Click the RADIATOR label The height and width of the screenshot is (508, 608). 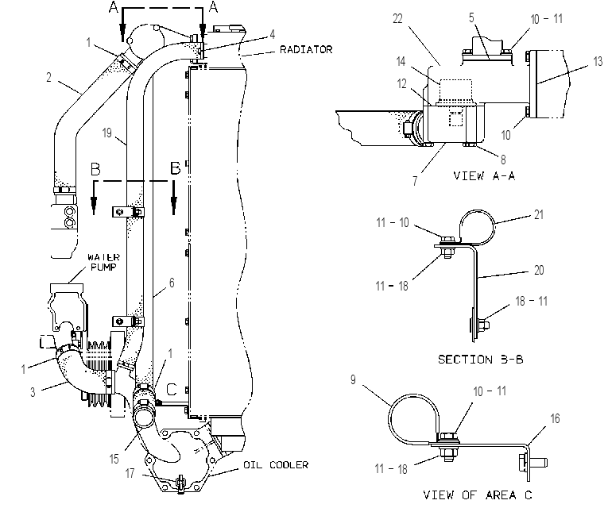(x=306, y=49)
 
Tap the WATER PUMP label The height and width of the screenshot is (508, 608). (x=103, y=262)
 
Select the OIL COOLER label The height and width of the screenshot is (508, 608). (x=276, y=464)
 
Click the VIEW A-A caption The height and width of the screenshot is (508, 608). (x=484, y=176)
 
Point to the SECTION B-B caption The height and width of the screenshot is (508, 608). (x=480, y=360)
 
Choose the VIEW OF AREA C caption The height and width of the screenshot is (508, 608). (x=478, y=495)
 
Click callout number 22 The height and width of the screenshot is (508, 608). (x=397, y=18)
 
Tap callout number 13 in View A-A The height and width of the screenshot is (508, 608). (x=598, y=62)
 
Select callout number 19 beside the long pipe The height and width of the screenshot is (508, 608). (x=106, y=133)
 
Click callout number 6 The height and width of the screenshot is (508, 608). (x=172, y=283)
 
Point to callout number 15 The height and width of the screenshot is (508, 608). (x=114, y=460)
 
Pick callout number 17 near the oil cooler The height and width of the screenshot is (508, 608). (x=130, y=473)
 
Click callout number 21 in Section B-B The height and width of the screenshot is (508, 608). (x=539, y=215)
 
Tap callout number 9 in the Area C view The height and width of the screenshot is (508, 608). (x=353, y=380)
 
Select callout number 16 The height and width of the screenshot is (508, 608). (x=556, y=418)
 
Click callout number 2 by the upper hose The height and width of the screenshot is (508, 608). (x=48, y=78)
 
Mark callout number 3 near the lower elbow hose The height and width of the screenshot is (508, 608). (x=33, y=393)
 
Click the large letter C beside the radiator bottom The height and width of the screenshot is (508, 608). (x=172, y=389)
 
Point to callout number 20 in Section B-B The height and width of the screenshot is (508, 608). (x=539, y=270)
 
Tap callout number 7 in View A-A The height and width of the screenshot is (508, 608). (x=415, y=181)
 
